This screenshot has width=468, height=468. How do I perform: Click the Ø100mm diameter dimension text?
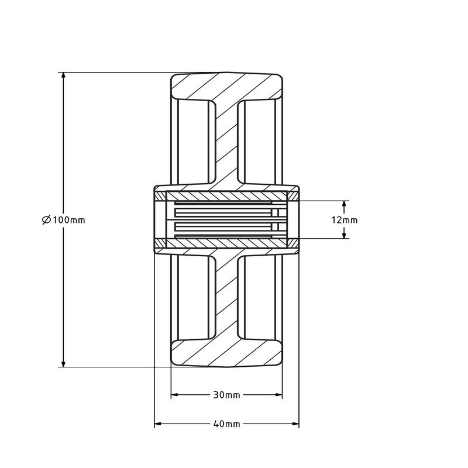[x=64, y=220]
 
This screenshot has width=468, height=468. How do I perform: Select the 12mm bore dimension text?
[x=345, y=220]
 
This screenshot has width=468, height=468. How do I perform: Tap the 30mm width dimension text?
[x=226, y=395]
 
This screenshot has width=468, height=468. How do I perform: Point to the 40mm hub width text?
[x=226, y=424]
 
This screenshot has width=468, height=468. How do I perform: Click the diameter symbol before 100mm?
[x=46, y=220]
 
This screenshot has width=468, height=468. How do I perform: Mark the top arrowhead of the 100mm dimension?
[x=62, y=77]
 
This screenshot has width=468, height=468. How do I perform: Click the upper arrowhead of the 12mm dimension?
[x=345, y=205]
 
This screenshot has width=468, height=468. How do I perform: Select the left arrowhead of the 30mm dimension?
[x=175, y=395]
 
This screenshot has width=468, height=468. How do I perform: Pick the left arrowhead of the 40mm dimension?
[x=159, y=424]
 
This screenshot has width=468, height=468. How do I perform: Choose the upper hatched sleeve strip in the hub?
[x=226, y=195]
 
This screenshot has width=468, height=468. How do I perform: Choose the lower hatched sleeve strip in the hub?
[x=226, y=243]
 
